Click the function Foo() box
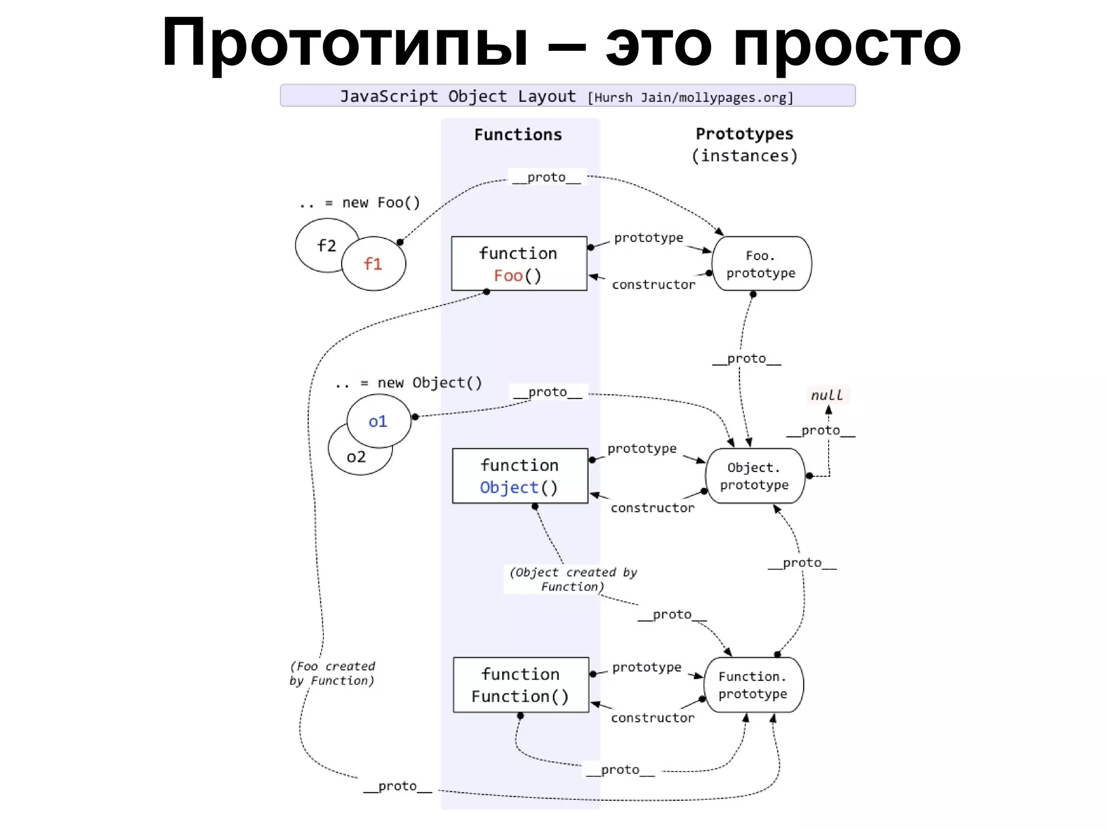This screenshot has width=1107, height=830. (519, 263)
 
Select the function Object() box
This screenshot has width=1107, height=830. (519, 475)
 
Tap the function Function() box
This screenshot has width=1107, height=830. (521, 685)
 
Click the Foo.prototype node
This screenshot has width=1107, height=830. (761, 264)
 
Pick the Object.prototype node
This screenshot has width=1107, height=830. (755, 476)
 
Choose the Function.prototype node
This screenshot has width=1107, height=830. (753, 685)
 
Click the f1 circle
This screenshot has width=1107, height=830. (374, 264)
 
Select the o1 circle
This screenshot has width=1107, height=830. (378, 421)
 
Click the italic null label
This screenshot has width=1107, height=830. (826, 395)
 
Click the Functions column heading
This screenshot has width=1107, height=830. (518, 135)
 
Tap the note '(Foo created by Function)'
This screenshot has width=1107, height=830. (332, 673)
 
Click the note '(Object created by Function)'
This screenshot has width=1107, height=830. (573, 579)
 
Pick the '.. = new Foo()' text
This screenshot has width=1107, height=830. (359, 203)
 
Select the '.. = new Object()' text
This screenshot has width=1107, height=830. (408, 383)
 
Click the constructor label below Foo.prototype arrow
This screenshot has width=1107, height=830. (653, 284)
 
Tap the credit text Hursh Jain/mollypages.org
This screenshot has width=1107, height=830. (690, 98)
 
